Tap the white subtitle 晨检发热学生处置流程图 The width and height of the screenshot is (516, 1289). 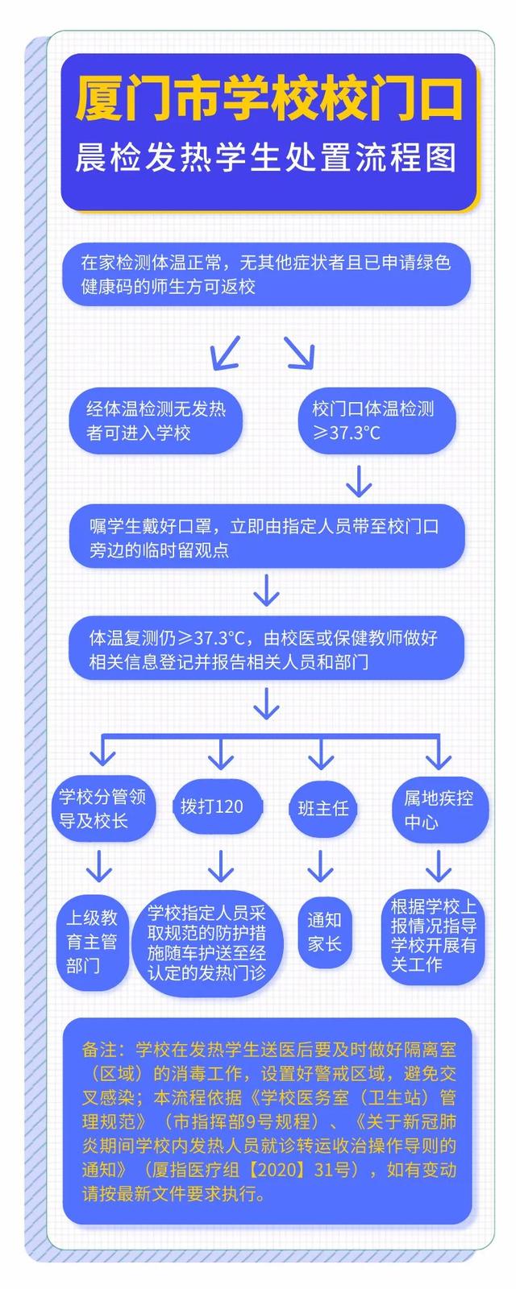(266, 158)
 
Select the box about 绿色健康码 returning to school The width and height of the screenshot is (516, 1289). (266, 274)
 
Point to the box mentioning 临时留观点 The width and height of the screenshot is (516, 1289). (266, 538)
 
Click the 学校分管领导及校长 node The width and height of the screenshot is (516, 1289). (103, 809)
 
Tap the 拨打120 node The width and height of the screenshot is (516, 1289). (212, 806)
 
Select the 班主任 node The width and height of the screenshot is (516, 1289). (322, 808)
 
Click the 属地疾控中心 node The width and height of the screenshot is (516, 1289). (439, 810)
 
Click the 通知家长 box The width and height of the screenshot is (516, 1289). (324, 931)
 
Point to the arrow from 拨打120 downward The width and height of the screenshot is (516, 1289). (220, 866)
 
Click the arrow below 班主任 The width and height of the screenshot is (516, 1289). (321, 866)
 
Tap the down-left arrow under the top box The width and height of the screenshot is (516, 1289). (225, 352)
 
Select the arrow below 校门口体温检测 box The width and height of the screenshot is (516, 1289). (359, 481)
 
